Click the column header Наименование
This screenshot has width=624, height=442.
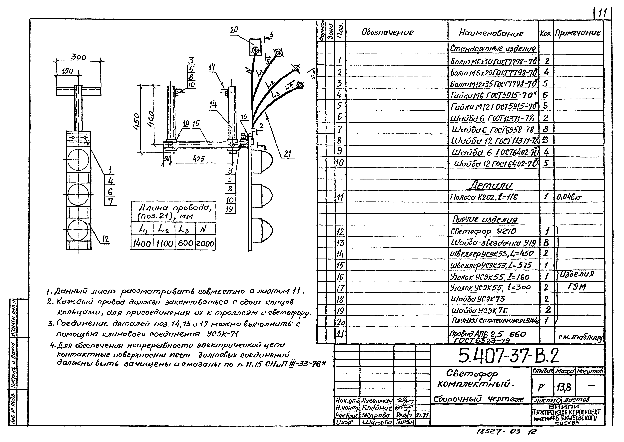coord(491,33)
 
